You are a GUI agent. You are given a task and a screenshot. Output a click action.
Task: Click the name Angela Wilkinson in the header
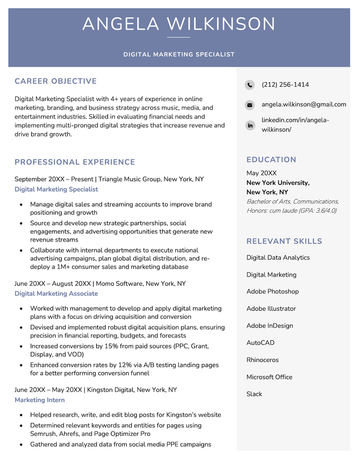tap(179, 24)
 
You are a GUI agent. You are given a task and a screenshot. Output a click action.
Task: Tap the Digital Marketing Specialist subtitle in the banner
tap(179, 54)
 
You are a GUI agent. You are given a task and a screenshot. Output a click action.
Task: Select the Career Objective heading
tap(56, 81)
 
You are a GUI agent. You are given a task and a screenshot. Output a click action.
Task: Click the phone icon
tap(250, 85)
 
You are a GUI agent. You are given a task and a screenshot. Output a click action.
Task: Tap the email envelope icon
tap(250, 105)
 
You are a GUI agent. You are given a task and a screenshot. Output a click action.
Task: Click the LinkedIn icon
tap(250, 125)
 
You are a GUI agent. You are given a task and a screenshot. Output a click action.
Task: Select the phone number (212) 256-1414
tap(285, 85)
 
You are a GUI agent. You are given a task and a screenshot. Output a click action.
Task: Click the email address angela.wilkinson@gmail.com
tap(304, 104)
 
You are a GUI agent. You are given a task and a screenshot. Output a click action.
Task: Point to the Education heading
tap(271, 160)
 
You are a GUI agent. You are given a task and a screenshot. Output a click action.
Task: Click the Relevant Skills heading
tap(284, 241)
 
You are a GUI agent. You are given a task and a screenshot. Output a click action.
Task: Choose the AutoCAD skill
tap(261, 343)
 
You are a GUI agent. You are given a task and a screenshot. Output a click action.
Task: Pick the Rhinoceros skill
tap(262, 360)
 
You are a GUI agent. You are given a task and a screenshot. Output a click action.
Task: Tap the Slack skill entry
tap(254, 394)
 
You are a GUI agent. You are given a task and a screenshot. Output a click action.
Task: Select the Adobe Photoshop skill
tap(273, 292)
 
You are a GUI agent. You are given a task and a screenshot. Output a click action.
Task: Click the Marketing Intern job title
tap(40, 400)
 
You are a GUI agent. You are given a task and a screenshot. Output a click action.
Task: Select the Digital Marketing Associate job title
tap(56, 294)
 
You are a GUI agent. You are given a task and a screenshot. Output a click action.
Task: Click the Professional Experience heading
tap(75, 162)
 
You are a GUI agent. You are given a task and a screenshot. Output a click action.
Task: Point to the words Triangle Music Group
tap(130, 179)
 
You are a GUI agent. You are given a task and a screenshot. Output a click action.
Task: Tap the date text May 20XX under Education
tap(262, 173)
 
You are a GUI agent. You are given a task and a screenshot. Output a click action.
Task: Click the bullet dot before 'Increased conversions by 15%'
tap(21, 347)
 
